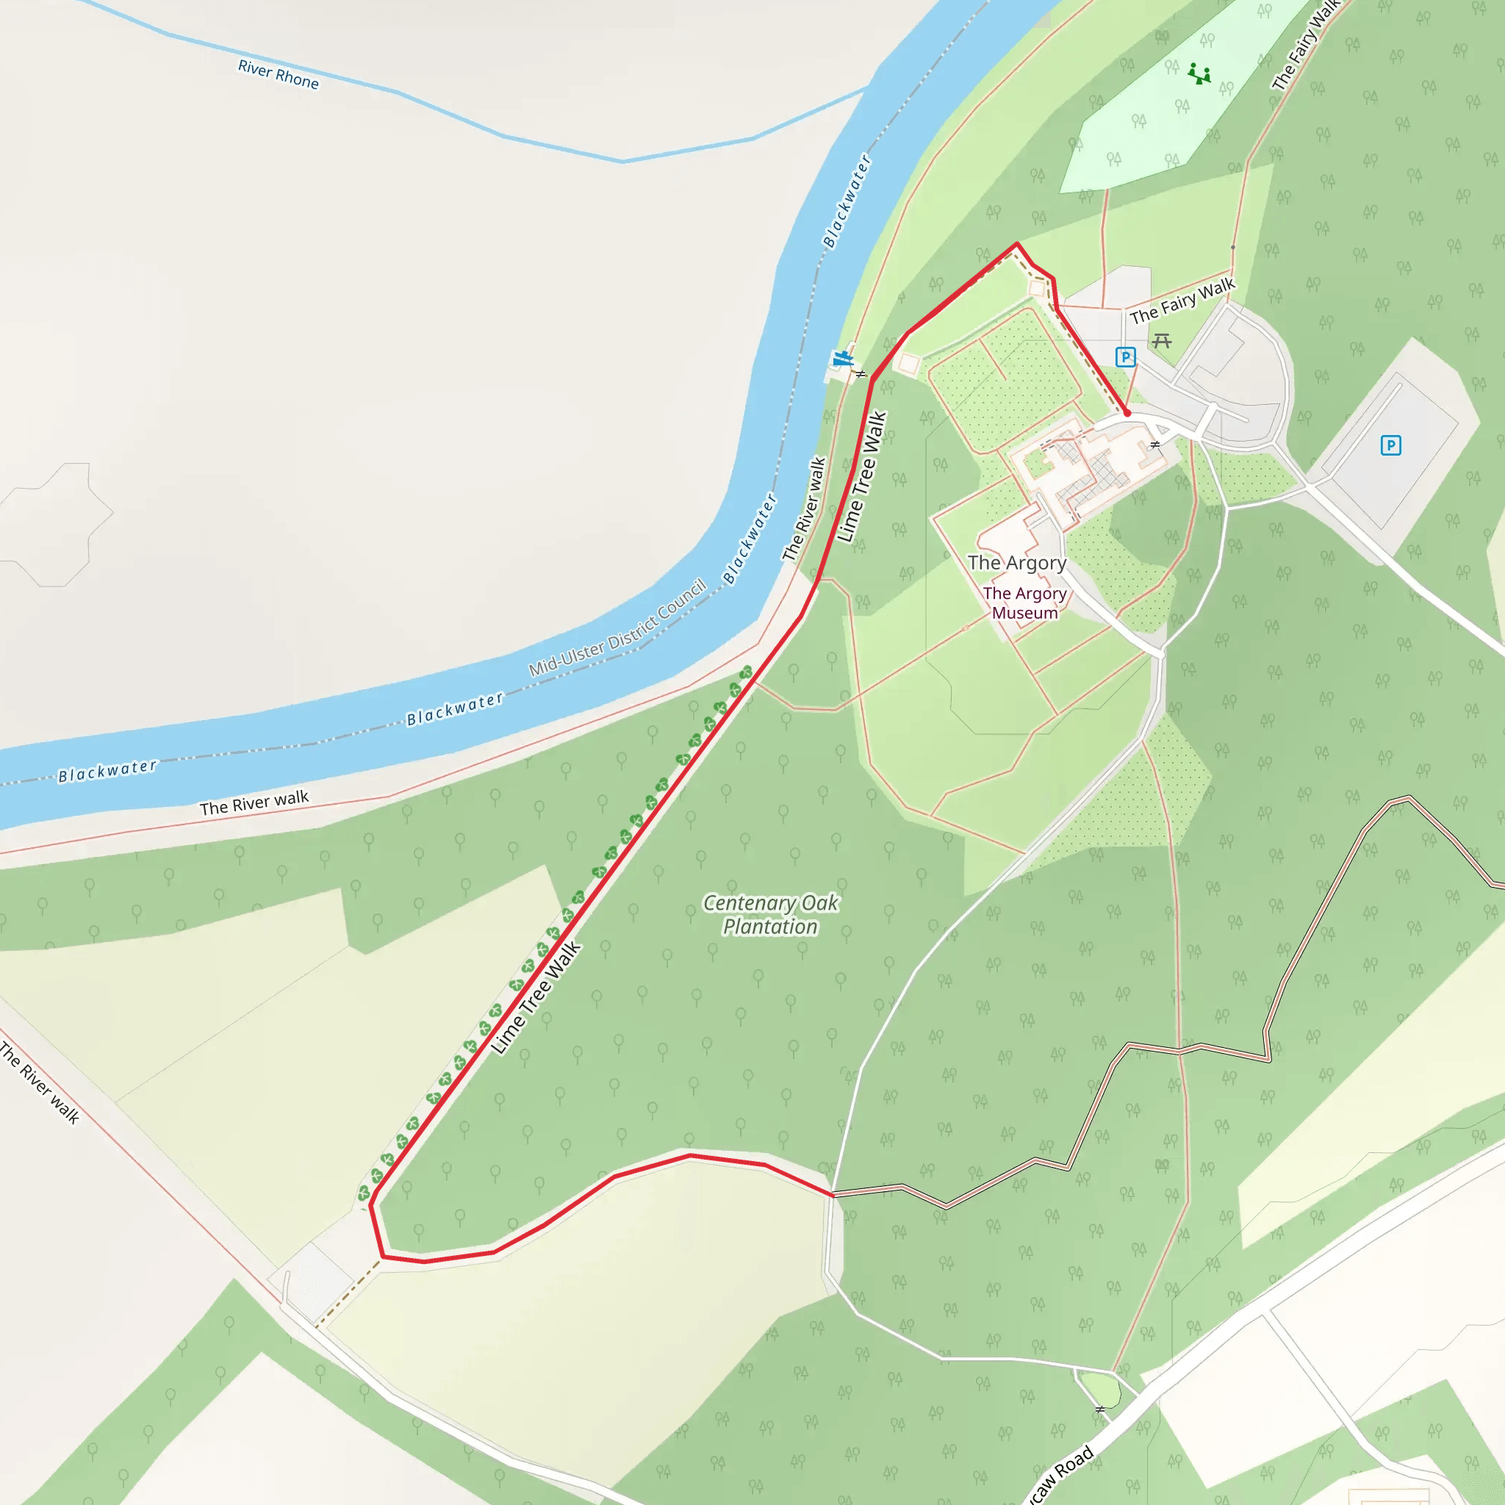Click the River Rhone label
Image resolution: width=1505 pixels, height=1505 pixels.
coord(278,75)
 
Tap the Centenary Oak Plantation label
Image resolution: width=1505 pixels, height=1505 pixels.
coord(770,914)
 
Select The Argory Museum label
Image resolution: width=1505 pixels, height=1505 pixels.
coord(1024,603)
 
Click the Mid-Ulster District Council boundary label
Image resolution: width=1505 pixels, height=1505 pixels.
coord(618,628)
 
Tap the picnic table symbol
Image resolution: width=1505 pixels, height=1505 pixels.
coord(1162,340)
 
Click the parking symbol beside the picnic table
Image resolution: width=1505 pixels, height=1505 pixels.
coord(1125,356)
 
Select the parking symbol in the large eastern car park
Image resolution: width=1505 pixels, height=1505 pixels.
coord(1390,445)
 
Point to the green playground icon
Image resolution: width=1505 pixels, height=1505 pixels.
coord(1199,75)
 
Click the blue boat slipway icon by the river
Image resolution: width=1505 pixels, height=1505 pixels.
coord(842,359)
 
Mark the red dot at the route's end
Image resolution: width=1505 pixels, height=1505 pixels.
coord(1127,413)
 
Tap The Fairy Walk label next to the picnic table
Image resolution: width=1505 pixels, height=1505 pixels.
coord(1182,301)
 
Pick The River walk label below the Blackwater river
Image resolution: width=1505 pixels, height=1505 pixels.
coord(254,803)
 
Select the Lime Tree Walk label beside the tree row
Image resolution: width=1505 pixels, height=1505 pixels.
coord(536,998)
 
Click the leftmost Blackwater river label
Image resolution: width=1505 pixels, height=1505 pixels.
coord(107,770)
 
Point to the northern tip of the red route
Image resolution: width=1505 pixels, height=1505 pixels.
coord(1016,244)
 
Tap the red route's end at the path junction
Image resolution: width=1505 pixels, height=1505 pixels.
coord(833,1193)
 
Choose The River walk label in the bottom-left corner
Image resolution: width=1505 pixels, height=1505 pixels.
coord(39,1082)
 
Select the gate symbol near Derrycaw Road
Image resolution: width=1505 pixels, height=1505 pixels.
coord(1100,1409)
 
